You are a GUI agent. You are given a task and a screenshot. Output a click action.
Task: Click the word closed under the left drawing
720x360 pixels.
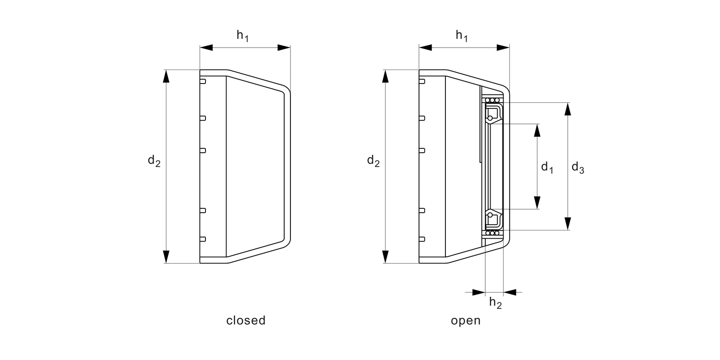tap(246, 320)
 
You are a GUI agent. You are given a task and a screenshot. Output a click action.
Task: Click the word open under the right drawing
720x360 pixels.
tap(466, 320)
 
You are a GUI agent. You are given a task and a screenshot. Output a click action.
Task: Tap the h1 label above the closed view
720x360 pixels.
tap(243, 36)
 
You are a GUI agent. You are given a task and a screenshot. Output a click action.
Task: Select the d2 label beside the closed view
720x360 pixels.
tap(154, 161)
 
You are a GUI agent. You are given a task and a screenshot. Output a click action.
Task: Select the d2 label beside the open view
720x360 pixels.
tap(373, 161)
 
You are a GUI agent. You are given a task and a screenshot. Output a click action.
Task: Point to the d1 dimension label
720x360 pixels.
tap(547, 168)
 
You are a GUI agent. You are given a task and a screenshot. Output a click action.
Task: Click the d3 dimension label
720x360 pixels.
tap(577, 168)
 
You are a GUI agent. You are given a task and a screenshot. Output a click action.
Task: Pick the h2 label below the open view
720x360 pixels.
tap(495, 303)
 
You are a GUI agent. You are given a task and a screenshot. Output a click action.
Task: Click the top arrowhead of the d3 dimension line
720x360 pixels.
tap(568, 109)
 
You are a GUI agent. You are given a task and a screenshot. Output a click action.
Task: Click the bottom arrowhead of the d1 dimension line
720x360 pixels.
tap(537, 203)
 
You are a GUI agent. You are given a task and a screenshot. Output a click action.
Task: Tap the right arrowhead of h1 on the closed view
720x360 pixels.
tap(284, 48)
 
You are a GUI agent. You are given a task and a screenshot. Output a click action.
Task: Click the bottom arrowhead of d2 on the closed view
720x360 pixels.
tap(167, 257)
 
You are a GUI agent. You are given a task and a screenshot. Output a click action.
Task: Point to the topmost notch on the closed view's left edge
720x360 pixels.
tap(203, 81)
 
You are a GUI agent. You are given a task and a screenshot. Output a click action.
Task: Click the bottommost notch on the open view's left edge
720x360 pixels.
tap(422, 239)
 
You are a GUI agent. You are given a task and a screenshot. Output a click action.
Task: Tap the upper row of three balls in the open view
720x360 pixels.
tap(492, 100)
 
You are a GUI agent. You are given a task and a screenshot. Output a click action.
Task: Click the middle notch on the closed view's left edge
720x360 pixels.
tap(203, 151)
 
